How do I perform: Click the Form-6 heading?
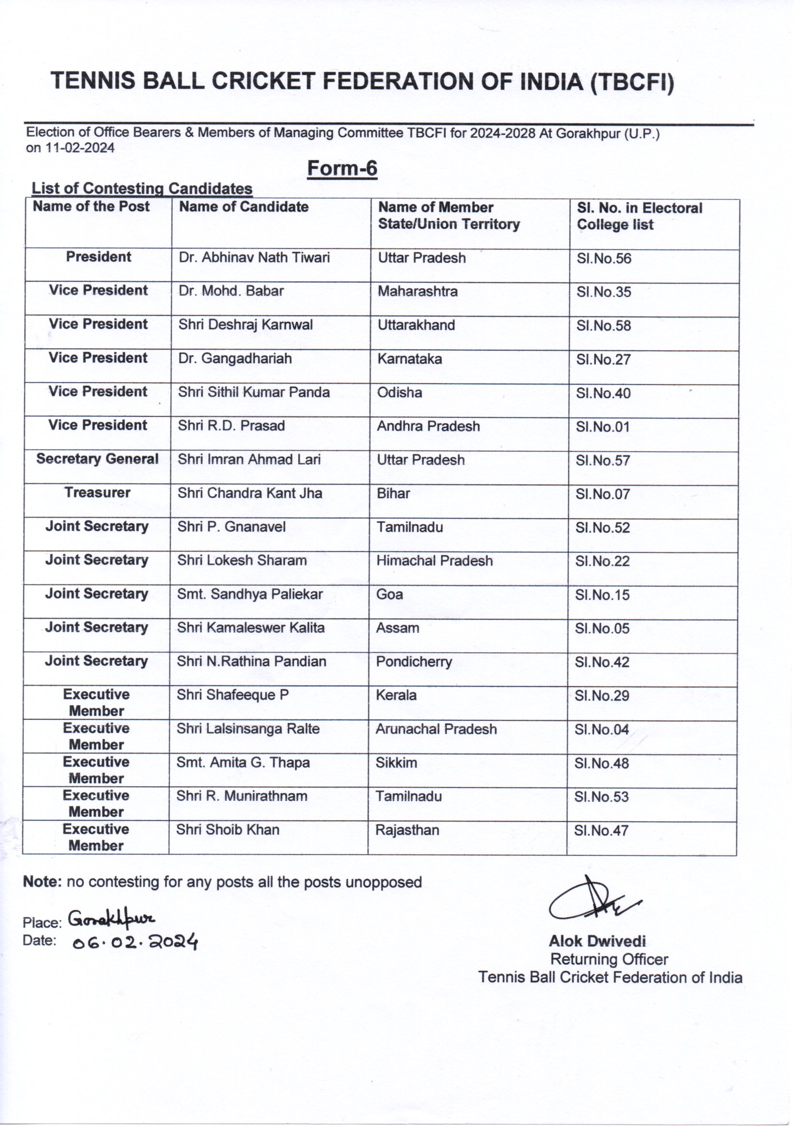[342, 168]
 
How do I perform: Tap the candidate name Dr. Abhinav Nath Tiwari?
[254, 258]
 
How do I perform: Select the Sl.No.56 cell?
[604, 259]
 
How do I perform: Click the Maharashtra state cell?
[418, 291]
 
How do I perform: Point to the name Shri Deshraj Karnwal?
[245, 325]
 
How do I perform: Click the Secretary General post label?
[97, 459]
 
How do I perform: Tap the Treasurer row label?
[97, 492]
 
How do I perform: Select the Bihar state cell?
[393, 493]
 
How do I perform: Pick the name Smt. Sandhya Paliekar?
[249, 594]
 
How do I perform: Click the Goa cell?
[390, 594]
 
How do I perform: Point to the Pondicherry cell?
[414, 662]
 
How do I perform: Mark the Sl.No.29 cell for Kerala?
[602, 696]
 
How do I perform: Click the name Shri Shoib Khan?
[228, 830]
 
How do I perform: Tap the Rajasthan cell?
[407, 830]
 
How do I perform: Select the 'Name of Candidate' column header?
[244, 207]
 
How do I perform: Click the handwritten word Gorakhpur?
[111, 918]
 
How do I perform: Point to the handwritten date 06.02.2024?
[135, 942]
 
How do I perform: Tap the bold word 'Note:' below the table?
[42, 882]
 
